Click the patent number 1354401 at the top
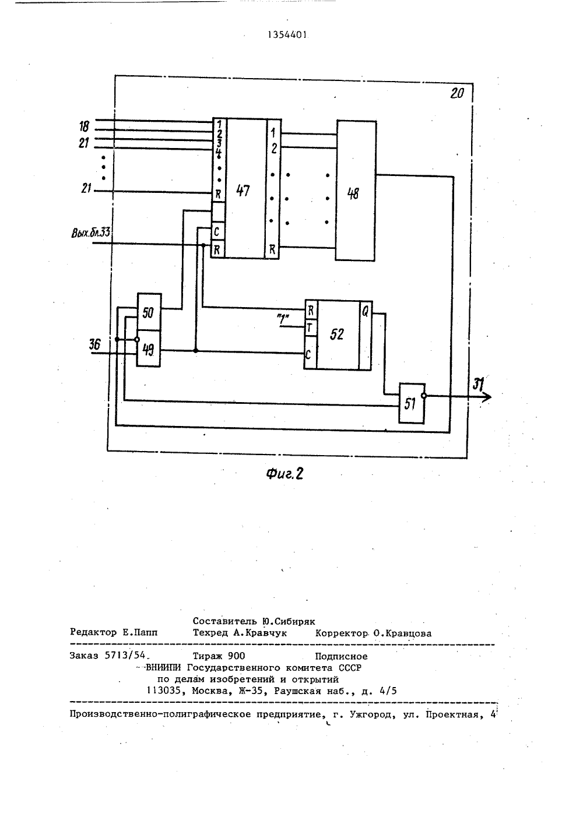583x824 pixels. [287, 35]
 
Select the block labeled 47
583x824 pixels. [245, 188]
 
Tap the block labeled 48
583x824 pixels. [356, 191]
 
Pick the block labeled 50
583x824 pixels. [149, 312]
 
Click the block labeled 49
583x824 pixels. [149, 348]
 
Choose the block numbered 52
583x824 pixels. [338, 334]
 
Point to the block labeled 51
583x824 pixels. [412, 403]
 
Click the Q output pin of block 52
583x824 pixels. [365, 312]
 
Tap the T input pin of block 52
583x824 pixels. [310, 328]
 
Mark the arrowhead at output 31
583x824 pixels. [487, 396]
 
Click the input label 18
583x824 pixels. [85, 126]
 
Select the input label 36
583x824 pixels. [94, 344]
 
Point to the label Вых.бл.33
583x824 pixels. [91, 233]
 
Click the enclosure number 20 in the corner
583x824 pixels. [457, 93]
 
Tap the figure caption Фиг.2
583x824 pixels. [285, 474]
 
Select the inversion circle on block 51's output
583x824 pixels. [424, 396]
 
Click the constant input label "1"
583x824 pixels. [283, 319]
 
